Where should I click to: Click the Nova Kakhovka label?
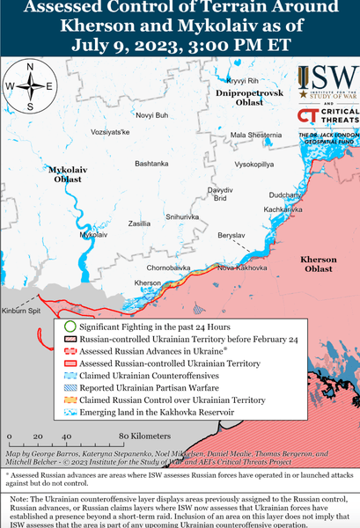point(239,267)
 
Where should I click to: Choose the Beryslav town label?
point(231,237)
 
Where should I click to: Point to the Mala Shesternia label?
point(255,135)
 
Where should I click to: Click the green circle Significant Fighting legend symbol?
point(70,326)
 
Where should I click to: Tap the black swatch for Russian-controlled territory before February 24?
point(70,339)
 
